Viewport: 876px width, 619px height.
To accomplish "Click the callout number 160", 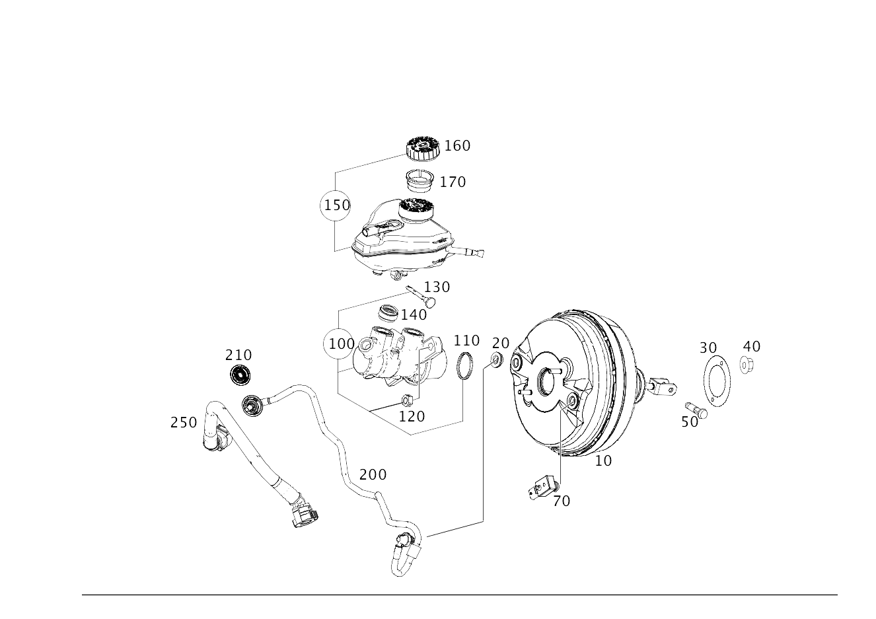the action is [x=457, y=146].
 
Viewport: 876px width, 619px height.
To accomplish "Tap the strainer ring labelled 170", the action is [x=420, y=181].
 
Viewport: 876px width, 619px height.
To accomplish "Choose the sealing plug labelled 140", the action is [x=389, y=313].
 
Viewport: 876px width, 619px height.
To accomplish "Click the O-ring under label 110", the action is [x=464, y=365].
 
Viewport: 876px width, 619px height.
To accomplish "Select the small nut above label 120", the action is [x=407, y=400].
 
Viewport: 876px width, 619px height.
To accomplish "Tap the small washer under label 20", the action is [x=497, y=359].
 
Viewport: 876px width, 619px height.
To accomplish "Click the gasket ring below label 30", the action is [x=717, y=381].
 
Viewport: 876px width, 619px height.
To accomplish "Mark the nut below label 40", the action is [x=747, y=365].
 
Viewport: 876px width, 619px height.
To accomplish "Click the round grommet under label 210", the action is [x=240, y=375].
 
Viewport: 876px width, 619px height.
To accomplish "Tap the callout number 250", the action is [x=184, y=422].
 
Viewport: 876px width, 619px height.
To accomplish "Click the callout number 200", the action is [x=373, y=475].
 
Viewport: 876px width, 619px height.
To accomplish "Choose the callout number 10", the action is [x=603, y=461].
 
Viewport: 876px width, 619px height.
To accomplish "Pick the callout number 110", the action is [x=466, y=341].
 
